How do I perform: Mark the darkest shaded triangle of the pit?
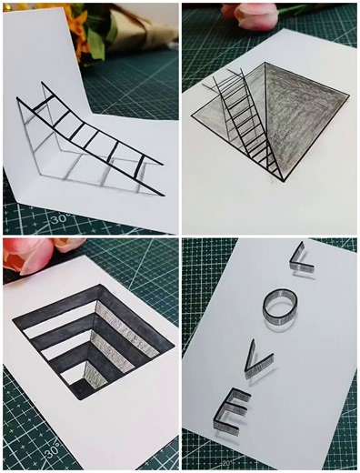(305, 127)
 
